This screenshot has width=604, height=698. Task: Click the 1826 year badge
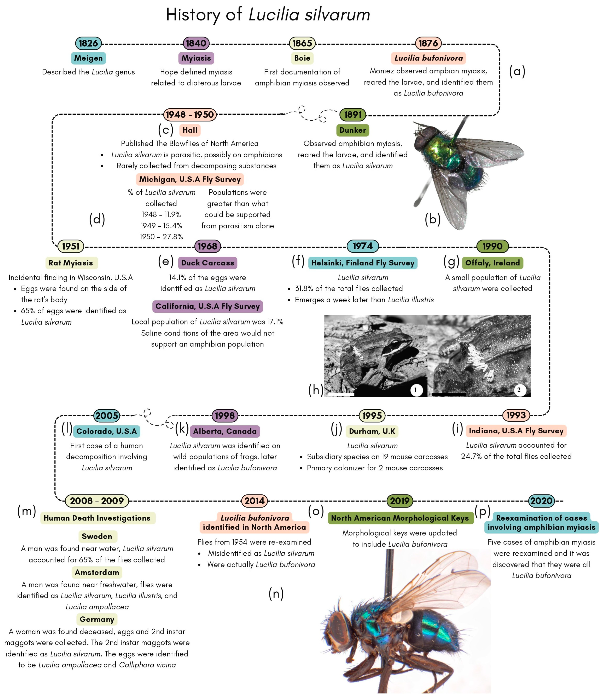click(88, 43)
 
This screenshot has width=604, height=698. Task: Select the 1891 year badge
click(353, 115)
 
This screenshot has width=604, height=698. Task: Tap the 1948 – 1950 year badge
click(190, 115)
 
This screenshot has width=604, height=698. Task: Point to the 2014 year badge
click(255, 501)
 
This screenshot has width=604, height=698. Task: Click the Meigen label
click(88, 58)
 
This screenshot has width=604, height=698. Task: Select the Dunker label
click(353, 130)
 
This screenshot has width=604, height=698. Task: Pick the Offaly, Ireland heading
click(492, 263)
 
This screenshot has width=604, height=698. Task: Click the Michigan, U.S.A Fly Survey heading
click(190, 179)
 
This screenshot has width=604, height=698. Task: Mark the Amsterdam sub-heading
click(97, 572)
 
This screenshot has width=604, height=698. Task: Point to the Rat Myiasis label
click(71, 263)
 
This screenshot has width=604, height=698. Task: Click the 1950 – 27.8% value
click(161, 237)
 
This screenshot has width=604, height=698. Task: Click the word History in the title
click(193, 15)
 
